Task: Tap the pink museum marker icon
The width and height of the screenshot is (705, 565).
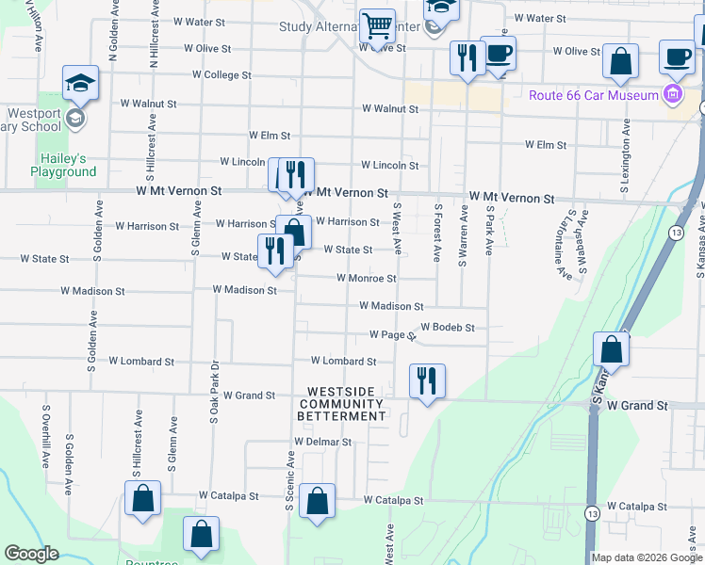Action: pyautogui.click(x=671, y=94)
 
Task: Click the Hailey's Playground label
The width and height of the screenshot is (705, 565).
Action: pyautogui.click(x=63, y=165)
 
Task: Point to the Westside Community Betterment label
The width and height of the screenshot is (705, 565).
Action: pyautogui.click(x=341, y=403)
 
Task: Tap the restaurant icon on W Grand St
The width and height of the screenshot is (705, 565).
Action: pyautogui.click(x=427, y=380)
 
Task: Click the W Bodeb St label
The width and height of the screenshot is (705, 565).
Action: pyautogui.click(x=447, y=328)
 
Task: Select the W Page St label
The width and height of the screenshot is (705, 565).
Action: pyautogui.click(x=392, y=334)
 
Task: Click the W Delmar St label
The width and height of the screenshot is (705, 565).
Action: pyautogui.click(x=322, y=441)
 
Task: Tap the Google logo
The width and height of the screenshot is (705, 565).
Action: pyautogui.click(x=31, y=554)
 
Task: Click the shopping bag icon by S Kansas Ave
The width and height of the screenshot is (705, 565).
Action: pyautogui.click(x=612, y=349)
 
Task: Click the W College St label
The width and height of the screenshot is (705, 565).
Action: pyautogui.click(x=221, y=74)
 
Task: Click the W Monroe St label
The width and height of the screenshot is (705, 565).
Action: pyautogui.click(x=367, y=279)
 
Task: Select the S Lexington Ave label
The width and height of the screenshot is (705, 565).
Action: pyautogui.click(x=625, y=158)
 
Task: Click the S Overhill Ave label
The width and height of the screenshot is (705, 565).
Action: pyautogui.click(x=45, y=436)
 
